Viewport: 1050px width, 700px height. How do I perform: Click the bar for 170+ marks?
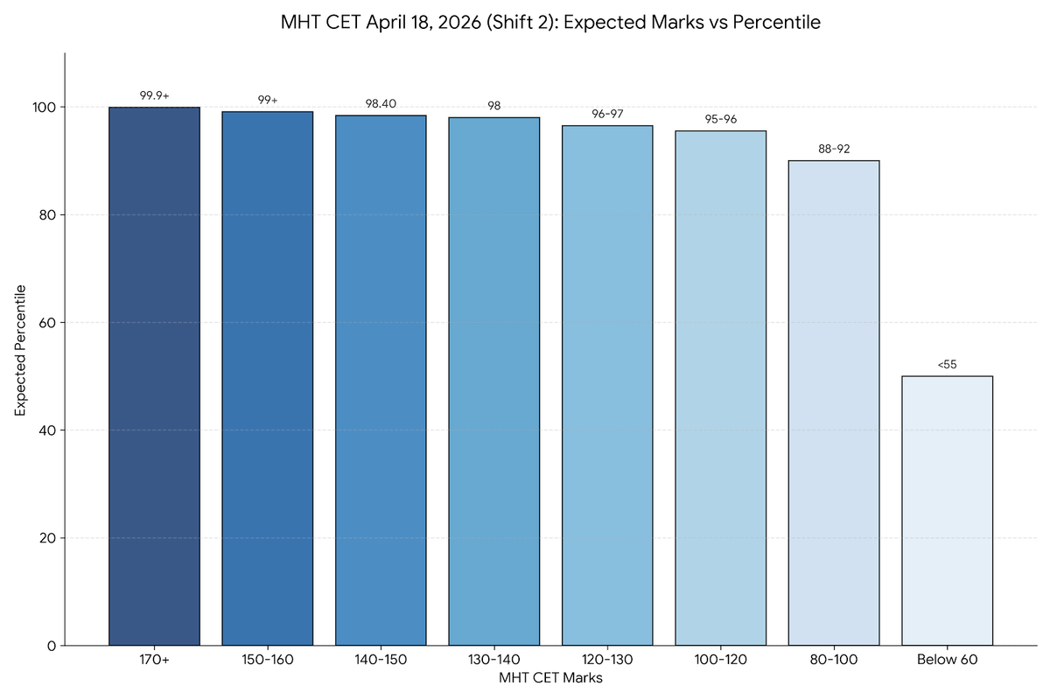pyautogui.click(x=154, y=376)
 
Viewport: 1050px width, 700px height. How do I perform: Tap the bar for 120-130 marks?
pyautogui.click(x=607, y=385)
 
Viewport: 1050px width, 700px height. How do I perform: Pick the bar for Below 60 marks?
pyautogui.click(x=947, y=511)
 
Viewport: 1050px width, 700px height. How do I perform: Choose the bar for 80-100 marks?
pyautogui.click(x=834, y=402)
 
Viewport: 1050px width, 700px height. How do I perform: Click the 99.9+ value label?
pyautogui.click(x=154, y=95)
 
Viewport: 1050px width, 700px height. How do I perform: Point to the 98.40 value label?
pyautogui.click(x=381, y=103)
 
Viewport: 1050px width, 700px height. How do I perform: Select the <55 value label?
pyautogui.click(x=947, y=364)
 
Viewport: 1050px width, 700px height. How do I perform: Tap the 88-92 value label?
pyautogui.click(x=834, y=149)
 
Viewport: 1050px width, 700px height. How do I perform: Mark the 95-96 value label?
pyautogui.click(x=720, y=119)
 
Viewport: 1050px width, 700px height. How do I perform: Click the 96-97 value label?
pyautogui.click(x=607, y=114)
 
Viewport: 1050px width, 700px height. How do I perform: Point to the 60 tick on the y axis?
pyautogui.click(x=48, y=323)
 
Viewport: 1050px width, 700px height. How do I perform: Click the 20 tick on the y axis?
pyautogui.click(x=48, y=538)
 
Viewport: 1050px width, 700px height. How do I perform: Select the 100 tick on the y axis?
pyautogui.click(x=45, y=108)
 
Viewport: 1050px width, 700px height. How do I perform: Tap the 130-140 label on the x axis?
pyautogui.click(x=493, y=660)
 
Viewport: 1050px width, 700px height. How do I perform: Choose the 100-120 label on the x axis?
pyautogui.click(x=720, y=660)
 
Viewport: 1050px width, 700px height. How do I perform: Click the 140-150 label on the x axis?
pyautogui.click(x=381, y=660)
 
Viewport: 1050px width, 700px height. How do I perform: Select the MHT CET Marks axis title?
pyautogui.click(x=550, y=677)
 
